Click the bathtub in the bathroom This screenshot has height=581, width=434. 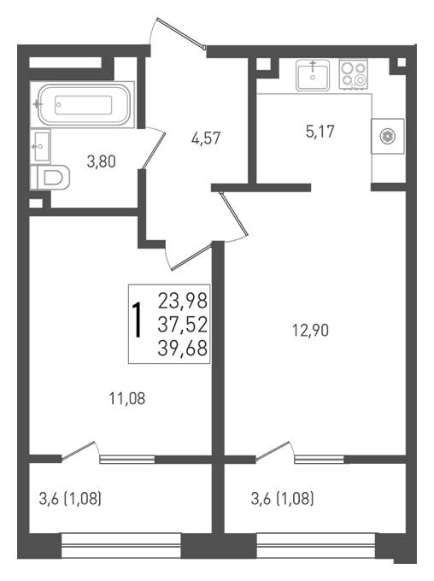click(x=84, y=105)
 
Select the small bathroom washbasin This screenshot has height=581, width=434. click(x=40, y=146)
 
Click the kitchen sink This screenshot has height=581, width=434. click(x=314, y=75)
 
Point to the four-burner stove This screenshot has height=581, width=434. click(x=354, y=75)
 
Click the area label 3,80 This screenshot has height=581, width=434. click(x=101, y=162)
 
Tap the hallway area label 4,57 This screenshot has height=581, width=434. click(x=206, y=138)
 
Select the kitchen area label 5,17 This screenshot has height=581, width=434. click(x=320, y=132)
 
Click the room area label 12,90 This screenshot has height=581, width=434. click(x=311, y=330)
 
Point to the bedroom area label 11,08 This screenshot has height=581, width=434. click(x=127, y=399)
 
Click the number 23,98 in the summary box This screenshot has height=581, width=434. click(x=182, y=301)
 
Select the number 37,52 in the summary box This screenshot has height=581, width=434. click(x=182, y=325)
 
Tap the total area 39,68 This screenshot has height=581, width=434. click(x=182, y=349)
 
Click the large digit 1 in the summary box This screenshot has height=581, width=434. click(x=138, y=320)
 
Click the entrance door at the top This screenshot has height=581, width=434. click(x=177, y=33)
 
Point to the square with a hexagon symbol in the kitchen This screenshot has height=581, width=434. click(x=388, y=137)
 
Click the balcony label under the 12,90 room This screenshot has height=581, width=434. click(x=283, y=500)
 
